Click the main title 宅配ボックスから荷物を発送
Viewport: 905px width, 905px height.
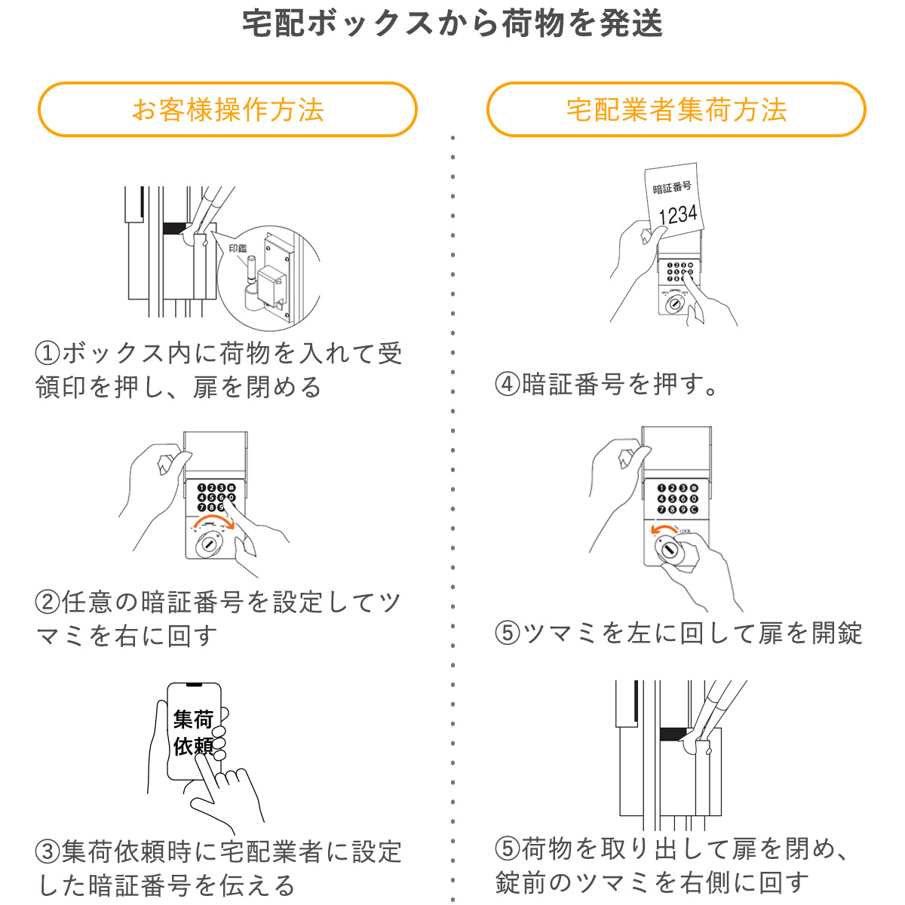[x=452, y=24]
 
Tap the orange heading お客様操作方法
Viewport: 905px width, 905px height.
[x=228, y=110]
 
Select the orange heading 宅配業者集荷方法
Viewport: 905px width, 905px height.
[x=676, y=110]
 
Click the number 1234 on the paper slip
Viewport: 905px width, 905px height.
[x=677, y=215]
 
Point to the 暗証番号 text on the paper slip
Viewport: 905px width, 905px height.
[x=672, y=188]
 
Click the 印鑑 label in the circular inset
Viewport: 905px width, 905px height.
[x=238, y=248]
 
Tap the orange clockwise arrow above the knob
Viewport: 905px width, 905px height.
[x=213, y=523]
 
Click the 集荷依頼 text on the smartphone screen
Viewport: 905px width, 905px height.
[x=194, y=732]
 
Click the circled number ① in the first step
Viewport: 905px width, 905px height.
[x=48, y=353]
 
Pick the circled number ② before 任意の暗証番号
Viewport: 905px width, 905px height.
[x=48, y=603]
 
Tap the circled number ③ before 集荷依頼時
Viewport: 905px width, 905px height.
[x=48, y=852]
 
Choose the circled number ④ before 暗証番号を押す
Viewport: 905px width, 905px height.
[x=508, y=385]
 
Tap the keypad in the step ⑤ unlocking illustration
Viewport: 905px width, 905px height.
[x=676, y=499]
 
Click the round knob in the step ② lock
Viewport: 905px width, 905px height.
[x=208, y=545]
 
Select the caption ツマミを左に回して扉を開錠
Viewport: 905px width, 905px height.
[x=692, y=633]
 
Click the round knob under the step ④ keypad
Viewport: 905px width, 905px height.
[x=673, y=305]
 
